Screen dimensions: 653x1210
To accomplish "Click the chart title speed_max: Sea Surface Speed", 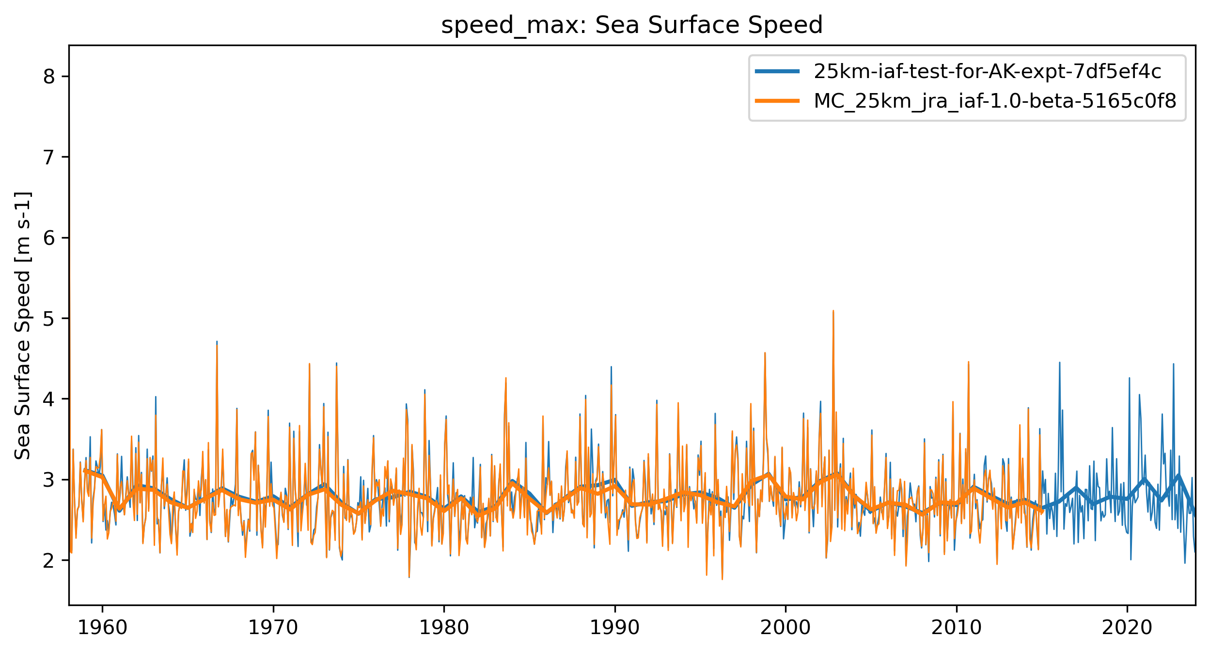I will point(631,25).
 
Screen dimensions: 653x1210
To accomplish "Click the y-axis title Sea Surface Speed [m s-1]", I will point(23,325).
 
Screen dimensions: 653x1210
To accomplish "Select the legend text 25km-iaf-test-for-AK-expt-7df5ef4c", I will point(987,72).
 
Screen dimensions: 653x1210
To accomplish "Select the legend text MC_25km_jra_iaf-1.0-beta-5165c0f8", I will point(995,101).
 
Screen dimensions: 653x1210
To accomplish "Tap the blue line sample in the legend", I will point(777,72).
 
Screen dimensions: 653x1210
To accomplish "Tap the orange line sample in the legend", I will point(777,101).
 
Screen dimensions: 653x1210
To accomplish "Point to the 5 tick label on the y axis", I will point(49,319).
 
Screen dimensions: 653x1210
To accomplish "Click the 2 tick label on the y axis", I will point(49,560).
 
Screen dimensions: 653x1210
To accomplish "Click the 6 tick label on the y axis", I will point(49,238).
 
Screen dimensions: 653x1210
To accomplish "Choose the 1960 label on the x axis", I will point(102,628).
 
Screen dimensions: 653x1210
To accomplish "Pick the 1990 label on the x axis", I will point(614,628).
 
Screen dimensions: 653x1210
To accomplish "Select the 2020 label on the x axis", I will point(1127,628).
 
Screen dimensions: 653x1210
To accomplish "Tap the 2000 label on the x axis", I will point(785,628).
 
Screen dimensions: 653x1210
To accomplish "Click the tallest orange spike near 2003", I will point(833,311).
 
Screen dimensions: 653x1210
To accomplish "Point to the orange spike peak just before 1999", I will point(765,353).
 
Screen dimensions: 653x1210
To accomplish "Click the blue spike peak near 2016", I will point(1059,363).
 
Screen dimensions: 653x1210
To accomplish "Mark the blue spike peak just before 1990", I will point(611,367).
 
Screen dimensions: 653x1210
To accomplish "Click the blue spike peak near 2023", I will point(1173,364).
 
